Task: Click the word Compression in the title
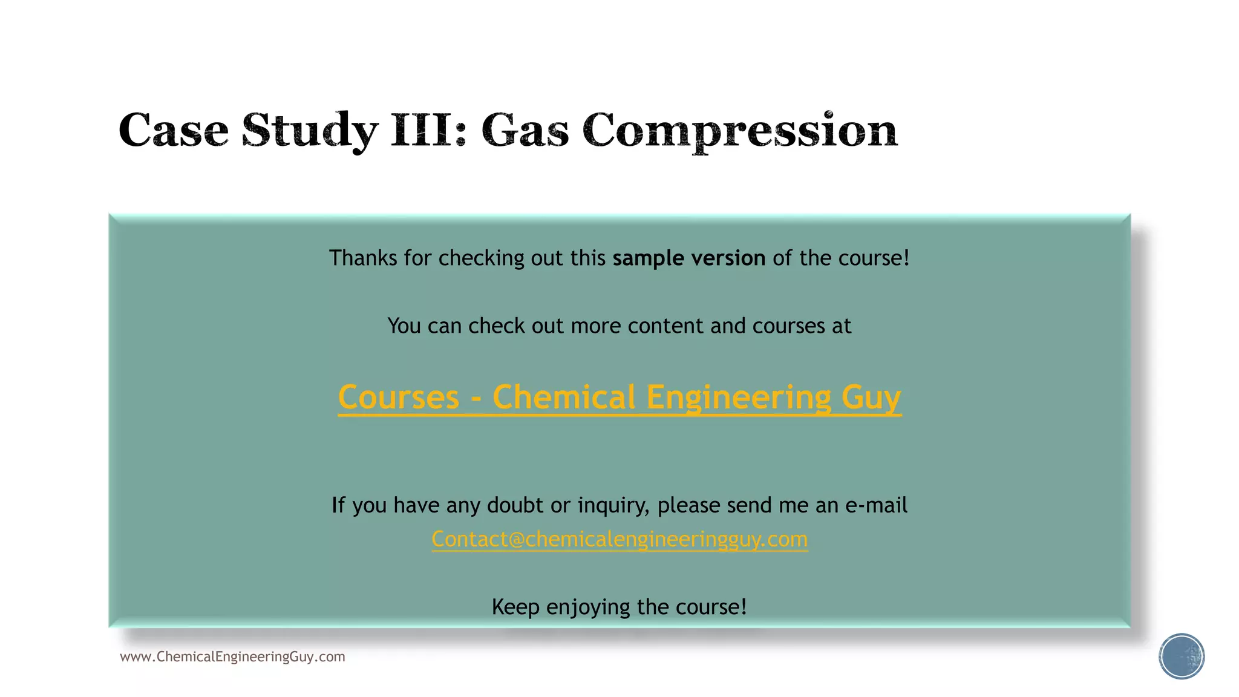740,130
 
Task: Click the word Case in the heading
174,130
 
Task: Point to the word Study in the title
310,130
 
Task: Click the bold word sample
648,258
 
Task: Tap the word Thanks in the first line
363,258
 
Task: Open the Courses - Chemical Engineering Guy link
619,398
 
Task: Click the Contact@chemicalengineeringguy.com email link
619,539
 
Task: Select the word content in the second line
665,326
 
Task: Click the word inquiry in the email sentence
613,505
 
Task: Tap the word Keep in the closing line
515,607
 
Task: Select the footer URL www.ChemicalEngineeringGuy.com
232,657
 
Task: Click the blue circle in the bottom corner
1182,656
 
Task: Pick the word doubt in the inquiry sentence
515,505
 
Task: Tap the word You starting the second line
404,326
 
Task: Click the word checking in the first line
482,258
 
